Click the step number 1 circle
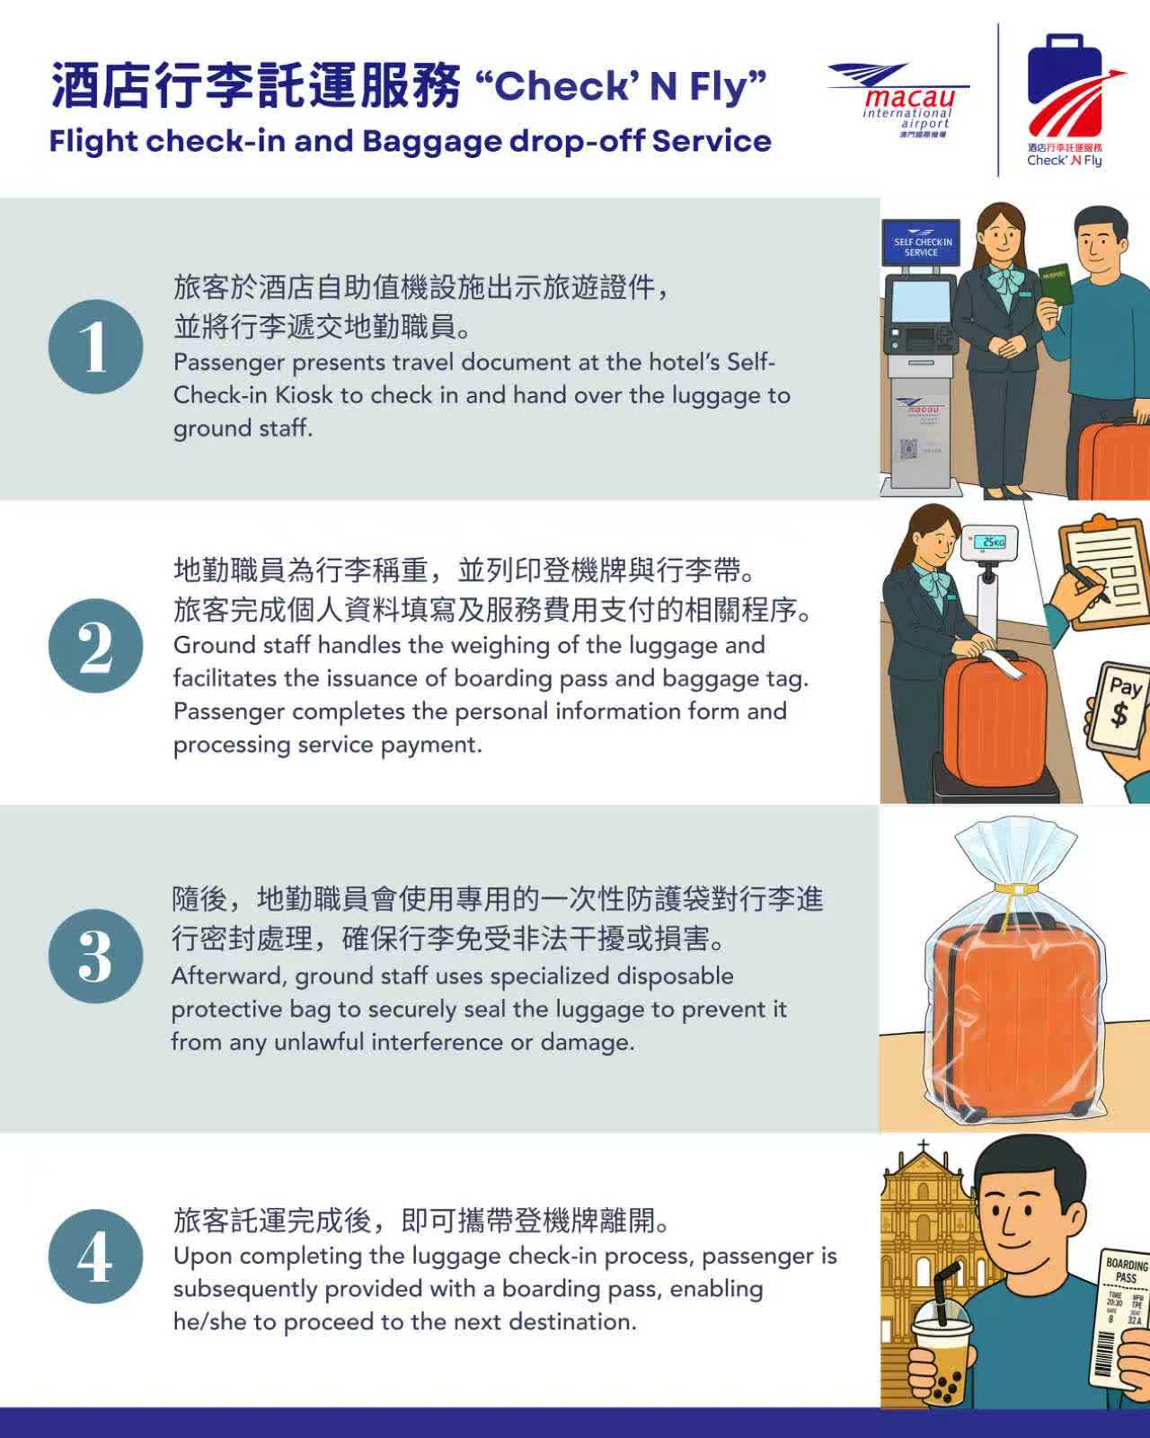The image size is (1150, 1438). click(x=95, y=346)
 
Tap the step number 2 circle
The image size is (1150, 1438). click(x=95, y=646)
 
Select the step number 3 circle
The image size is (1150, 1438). click(x=95, y=956)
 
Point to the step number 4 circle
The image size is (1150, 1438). click(x=95, y=1257)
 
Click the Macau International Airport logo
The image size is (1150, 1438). click(x=899, y=101)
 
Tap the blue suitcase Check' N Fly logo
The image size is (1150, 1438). click(x=1070, y=101)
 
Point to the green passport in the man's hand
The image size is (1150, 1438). click(x=1056, y=286)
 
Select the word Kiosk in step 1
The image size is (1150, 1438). click(x=304, y=395)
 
